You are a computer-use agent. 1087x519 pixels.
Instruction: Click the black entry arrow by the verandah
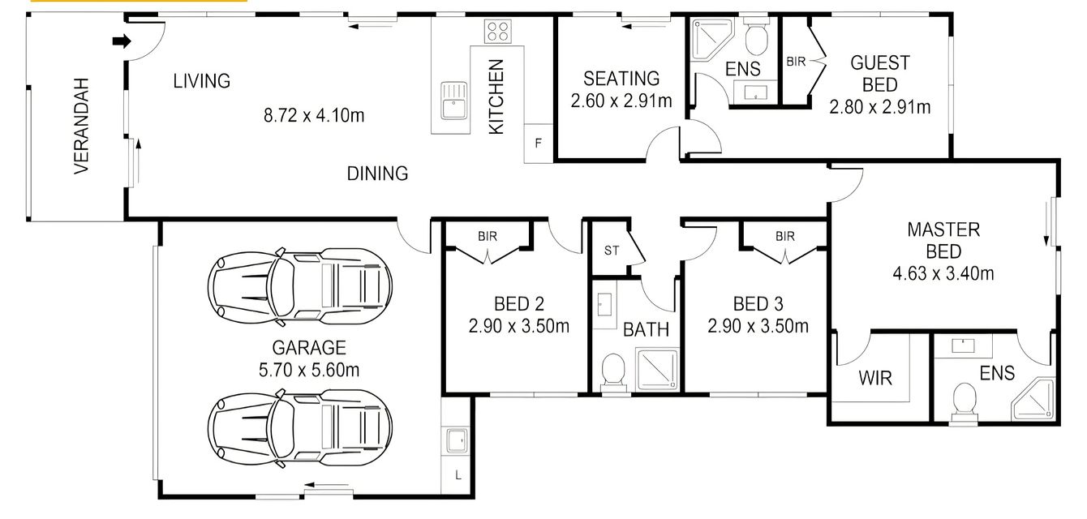[122, 41]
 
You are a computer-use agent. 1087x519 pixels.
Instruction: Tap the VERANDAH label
[81, 126]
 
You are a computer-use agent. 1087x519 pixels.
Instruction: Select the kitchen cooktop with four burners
[497, 32]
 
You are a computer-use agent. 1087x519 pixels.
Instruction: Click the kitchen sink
[453, 101]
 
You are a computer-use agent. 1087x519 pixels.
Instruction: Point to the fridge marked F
[538, 143]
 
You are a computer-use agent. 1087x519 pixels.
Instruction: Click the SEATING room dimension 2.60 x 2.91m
[621, 101]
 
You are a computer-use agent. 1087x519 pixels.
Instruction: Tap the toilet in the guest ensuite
[756, 36]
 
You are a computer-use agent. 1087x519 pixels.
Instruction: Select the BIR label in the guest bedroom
[796, 62]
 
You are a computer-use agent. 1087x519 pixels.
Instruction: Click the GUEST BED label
[880, 74]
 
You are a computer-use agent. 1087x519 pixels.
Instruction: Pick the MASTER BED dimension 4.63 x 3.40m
[943, 273]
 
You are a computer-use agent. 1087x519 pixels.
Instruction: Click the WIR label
[875, 379]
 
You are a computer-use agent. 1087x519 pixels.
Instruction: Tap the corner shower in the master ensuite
[1033, 400]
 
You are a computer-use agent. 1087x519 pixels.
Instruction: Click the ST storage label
[612, 251]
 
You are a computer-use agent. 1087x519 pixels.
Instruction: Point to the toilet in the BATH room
[613, 372]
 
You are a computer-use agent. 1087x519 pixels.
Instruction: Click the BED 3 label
[758, 304]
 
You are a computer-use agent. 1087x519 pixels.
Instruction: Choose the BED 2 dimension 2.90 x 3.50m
[518, 326]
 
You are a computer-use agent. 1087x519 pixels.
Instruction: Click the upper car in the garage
[300, 286]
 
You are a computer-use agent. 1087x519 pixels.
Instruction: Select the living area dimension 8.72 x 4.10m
[314, 115]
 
